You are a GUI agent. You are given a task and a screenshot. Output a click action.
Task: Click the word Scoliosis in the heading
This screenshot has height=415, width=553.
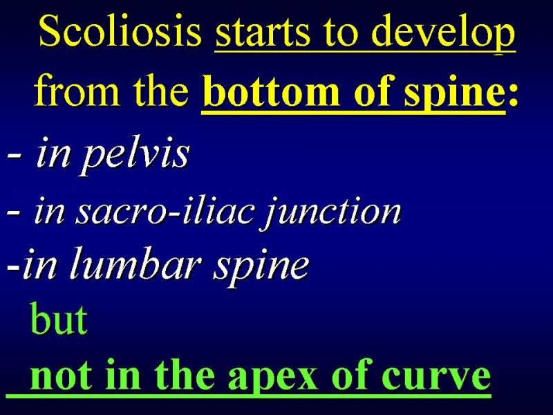coord(120,30)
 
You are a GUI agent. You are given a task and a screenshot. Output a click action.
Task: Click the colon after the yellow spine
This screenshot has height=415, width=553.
coord(512,95)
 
